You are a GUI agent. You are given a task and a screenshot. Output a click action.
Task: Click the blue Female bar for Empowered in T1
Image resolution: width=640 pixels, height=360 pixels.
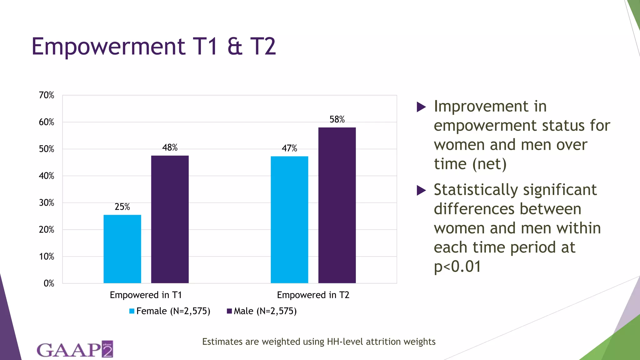(122, 249)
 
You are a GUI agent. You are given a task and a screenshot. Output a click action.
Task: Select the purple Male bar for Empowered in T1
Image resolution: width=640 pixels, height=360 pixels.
(170, 219)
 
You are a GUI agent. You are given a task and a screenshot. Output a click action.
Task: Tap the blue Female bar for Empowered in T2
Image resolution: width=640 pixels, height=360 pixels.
(289, 220)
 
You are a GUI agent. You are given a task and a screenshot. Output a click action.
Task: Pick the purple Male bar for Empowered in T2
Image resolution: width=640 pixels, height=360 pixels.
(337, 205)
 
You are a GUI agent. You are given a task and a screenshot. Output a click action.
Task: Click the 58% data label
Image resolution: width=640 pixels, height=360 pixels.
(337, 119)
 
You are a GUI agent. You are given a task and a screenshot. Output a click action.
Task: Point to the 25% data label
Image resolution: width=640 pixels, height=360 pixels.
(122, 207)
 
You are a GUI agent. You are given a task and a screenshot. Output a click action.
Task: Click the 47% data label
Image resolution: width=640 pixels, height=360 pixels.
(289, 148)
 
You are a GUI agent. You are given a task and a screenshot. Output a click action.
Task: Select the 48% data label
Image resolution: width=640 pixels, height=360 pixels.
(170, 147)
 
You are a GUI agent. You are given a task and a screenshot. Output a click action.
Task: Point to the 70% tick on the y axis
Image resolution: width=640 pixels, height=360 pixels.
(47, 95)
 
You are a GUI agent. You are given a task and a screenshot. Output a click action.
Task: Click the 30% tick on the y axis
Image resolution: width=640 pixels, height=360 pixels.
(47, 203)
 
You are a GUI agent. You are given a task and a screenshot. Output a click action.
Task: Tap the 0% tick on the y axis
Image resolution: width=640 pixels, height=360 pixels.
(49, 283)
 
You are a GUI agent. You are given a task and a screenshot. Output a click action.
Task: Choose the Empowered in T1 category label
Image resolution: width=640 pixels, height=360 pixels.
(146, 295)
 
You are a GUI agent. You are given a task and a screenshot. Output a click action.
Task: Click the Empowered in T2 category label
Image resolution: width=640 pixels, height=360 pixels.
(313, 295)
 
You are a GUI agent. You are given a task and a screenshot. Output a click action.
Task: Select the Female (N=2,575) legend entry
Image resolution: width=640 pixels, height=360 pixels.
(170, 311)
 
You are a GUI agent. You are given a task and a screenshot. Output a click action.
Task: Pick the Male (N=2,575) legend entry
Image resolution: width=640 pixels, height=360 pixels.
(262, 311)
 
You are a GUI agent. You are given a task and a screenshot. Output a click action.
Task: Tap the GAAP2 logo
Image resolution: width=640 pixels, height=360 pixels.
(75, 349)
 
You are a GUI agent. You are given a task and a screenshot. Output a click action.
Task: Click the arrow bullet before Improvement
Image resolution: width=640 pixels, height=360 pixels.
(421, 107)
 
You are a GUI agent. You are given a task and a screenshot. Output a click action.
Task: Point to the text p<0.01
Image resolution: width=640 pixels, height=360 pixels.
(457, 267)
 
